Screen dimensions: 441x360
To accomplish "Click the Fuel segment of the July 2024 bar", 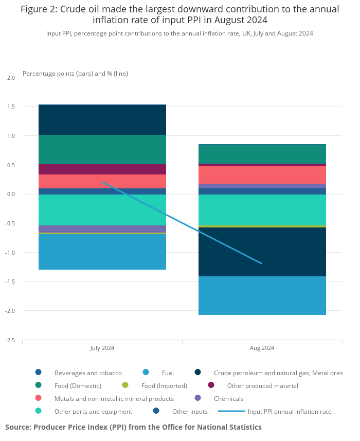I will pyautogui.click(x=102, y=252).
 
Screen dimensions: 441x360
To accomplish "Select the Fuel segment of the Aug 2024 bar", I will pyautogui.click(x=262, y=295).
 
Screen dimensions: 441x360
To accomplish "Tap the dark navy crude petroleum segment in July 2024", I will pyautogui.click(x=102, y=119).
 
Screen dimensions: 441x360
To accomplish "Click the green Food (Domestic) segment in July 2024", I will pyautogui.click(x=102, y=149).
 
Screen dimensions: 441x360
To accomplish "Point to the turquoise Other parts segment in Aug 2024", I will pyautogui.click(x=262, y=209).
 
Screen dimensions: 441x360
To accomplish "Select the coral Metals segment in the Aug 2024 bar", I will pyautogui.click(x=262, y=175).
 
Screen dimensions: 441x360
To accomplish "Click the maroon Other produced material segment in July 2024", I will pyautogui.click(x=102, y=169).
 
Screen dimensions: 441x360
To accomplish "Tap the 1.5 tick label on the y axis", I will pyautogui.click(x=11, y=107).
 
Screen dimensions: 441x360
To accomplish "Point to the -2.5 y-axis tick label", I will pyautogui.click(x=10, y=340).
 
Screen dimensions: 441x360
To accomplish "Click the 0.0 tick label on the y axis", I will pyautogui.click(x=11, y=194).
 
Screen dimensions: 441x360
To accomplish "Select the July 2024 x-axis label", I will pyautogui.click(x=102, y=348).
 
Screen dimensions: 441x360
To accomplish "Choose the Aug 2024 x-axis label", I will pyautogui.click(x=262, y=348).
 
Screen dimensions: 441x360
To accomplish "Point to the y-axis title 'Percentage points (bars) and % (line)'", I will pyautogui.click(x=75, y=74).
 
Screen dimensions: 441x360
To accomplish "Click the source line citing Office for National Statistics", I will pyautogui.click(x=133, y=427).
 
